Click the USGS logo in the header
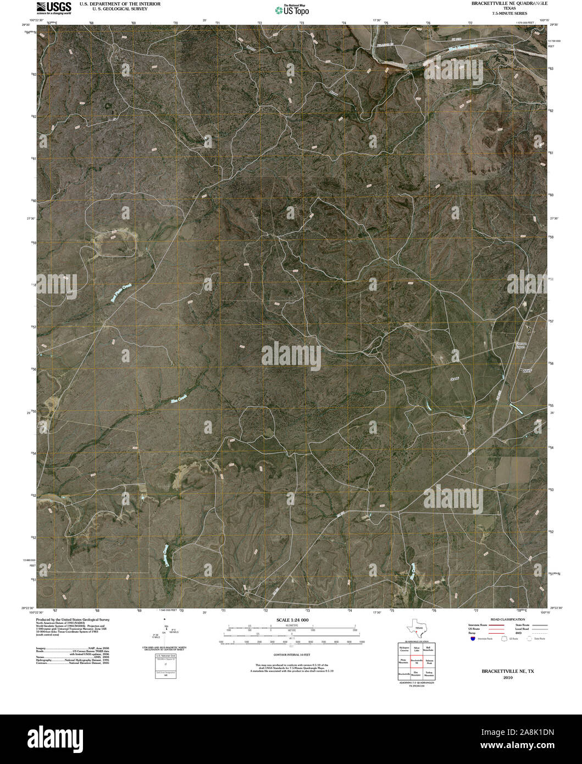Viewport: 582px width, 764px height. pos(54,7)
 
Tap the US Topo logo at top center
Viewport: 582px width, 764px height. pos(292,9)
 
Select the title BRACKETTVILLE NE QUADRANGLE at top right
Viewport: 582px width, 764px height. pos(509,3)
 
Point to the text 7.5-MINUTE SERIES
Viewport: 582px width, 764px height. pos(509,13)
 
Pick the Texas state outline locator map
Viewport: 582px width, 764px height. pos(415,628)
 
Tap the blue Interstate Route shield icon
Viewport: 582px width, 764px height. pos(472,639)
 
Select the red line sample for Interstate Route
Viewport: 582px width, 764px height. pos(495,625)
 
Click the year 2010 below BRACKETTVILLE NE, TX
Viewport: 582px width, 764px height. pos(508,678)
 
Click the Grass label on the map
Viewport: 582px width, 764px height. pos(454,379)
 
